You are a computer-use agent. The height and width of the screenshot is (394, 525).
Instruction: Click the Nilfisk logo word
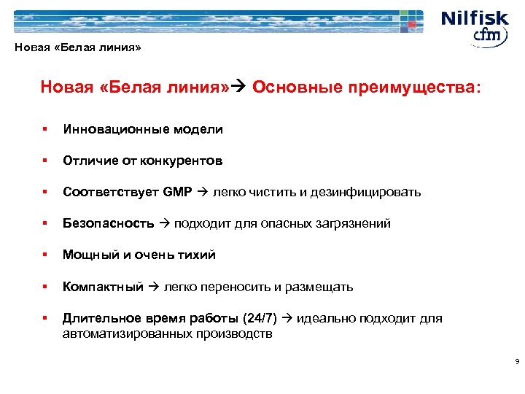click(474, 18)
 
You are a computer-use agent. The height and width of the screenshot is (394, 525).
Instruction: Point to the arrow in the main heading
click(241, 88)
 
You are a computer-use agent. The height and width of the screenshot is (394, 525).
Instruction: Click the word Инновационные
click(117, 129)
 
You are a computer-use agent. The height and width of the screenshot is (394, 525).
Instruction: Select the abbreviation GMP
click(178, 192)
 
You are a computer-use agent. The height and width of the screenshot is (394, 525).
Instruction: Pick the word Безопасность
click(108, 223)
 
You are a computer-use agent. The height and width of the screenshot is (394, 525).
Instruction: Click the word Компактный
click(103, 286)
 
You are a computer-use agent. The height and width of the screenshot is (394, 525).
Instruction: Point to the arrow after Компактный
click(153, 286)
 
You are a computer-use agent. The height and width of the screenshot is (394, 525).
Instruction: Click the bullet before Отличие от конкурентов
click(45, 161)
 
